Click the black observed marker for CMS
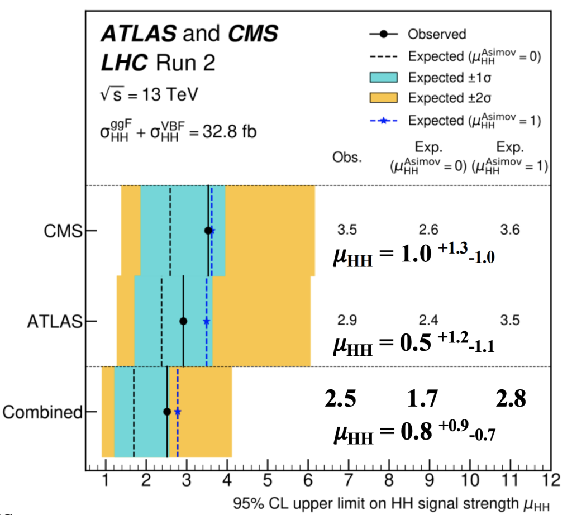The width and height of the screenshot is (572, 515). point(208,231)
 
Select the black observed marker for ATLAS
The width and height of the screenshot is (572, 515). point(183,321)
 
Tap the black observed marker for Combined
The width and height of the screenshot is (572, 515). point(167,412)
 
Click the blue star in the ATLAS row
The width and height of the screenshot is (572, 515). point(207,321)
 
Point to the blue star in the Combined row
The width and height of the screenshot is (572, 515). point(178,412)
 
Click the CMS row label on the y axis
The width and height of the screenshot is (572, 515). point(63,231)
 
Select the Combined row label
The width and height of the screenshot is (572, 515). point(42,412)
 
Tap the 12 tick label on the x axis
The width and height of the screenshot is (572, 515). point(551,480)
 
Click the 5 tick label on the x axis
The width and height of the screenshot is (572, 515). point(268,480)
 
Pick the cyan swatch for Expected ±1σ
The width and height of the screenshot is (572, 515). point(383,77)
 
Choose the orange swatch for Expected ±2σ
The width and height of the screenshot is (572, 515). point(383,98)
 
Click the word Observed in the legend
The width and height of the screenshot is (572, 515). point(437,34)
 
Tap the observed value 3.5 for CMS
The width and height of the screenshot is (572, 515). point(347,230)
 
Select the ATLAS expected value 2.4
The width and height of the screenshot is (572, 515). point(428,320)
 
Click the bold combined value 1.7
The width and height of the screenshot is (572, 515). point(422,398)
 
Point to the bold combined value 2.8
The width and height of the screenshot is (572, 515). point(511,398)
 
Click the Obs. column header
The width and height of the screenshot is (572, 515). point(347,157)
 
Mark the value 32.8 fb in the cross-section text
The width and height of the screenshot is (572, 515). point(230,131)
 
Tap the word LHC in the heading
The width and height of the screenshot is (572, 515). point(125,63)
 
